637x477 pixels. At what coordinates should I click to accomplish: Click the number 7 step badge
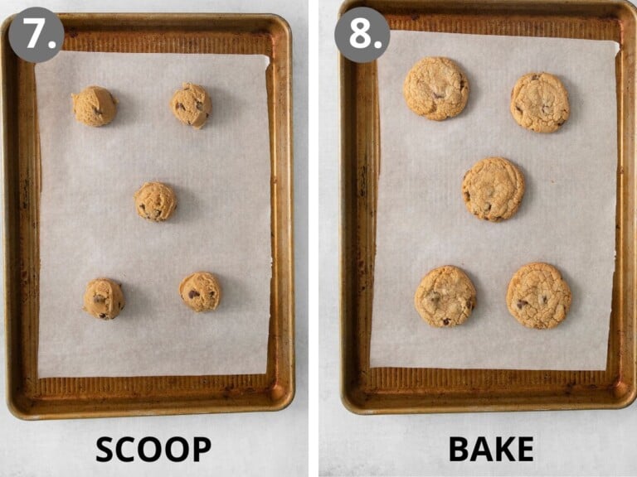click(x=36, y=35)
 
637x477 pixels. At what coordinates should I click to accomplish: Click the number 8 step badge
click(x=362, y=35)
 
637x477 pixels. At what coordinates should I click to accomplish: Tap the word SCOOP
click(x=153, y=449)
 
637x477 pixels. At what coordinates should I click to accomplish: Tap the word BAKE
click(x=491, y=449)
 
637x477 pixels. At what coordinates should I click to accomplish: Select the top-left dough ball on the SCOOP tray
click(x=94, y=106)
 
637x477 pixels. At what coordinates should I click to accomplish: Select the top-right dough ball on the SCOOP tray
click(x=192, y=105)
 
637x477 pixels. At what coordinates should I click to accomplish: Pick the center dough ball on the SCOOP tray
click(x=155, y=201)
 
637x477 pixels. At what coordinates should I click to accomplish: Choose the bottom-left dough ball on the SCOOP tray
click(x=104, y=298)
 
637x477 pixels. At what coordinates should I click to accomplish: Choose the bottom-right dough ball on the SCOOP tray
click(x=200, y=292)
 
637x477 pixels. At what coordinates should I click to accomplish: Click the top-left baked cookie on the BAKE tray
click(x=436, y=89)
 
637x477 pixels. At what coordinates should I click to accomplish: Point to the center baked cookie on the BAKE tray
click(x=494, y=189)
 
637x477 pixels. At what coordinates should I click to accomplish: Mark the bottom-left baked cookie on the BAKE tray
click(x=445, y=296)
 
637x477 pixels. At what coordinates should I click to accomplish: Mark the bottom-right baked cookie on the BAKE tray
click(x=539, y=296)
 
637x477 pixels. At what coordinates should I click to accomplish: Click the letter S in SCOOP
click(x=106, y=449)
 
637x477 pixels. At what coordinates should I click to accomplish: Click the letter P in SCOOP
click(x=199, y=449)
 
